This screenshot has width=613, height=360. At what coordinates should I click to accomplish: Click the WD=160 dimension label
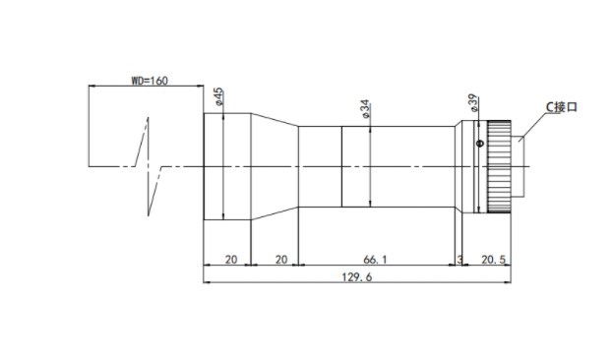150,81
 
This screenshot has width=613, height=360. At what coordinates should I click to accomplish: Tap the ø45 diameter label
218,97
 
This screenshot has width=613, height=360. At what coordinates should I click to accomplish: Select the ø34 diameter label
365,109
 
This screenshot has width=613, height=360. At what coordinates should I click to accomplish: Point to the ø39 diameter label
472,103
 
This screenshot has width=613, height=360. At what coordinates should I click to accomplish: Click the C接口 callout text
562,107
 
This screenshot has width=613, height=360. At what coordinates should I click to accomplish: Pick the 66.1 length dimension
375,260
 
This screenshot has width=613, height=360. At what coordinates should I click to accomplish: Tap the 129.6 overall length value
357,277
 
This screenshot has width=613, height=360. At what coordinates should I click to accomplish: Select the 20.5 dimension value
493,260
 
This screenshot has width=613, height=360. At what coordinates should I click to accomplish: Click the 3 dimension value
460,260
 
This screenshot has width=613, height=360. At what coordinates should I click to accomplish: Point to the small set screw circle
480,144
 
